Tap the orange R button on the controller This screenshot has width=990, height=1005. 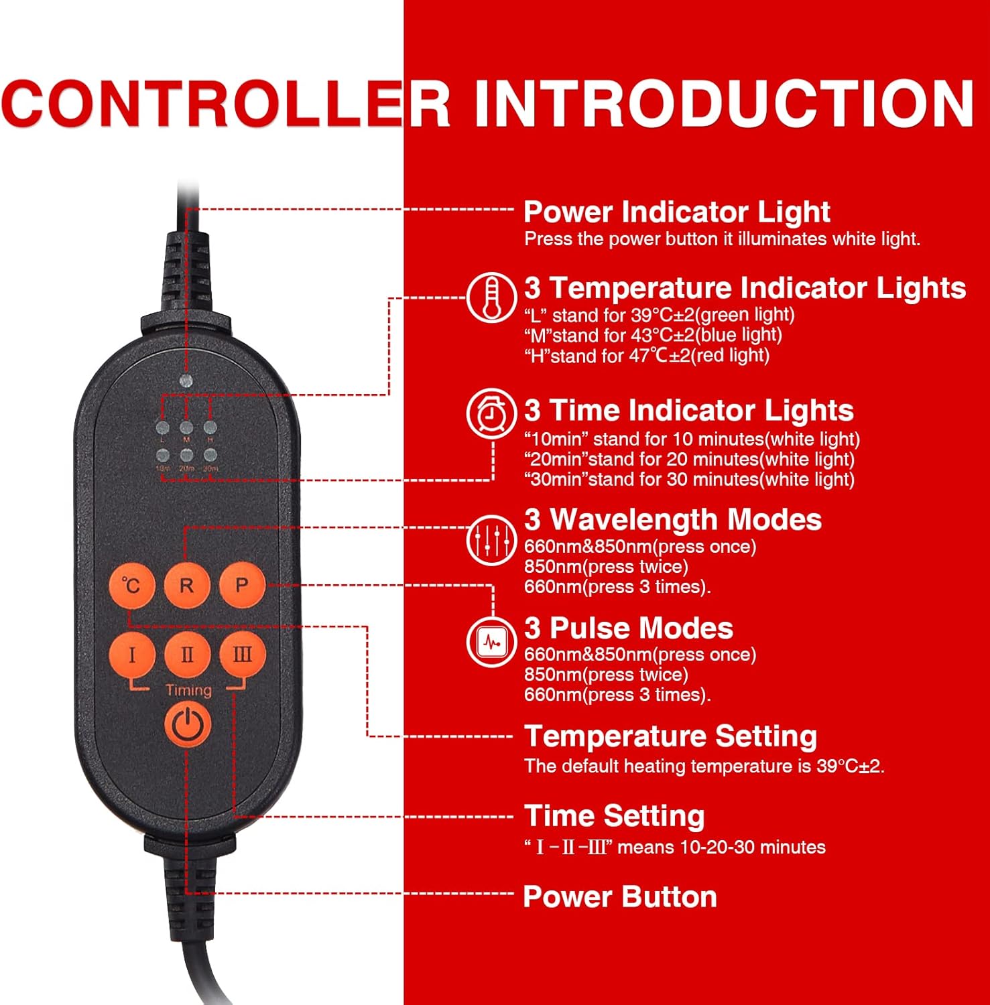[186, 586]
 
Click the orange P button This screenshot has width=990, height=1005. [242, 586]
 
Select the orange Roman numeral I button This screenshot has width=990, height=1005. [131, 655]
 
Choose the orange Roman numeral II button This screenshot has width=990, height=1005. [187, 655]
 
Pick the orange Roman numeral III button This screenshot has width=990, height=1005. [243, 655]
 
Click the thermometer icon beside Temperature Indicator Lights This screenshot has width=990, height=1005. [491, 297]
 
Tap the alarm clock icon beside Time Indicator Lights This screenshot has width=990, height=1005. [491, 413]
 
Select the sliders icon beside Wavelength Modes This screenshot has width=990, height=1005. [491, 540]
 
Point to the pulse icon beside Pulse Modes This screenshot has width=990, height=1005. [491, 643]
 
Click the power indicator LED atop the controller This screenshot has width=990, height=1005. [186, 381]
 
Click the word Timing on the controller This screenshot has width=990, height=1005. [188, 690]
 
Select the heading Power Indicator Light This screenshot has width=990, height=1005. [676, 212]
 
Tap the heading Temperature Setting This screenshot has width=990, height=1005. [670, 736]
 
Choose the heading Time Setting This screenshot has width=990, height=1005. [614, 816]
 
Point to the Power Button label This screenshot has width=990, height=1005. [620, 896]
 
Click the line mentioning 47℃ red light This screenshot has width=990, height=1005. [647, 356]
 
